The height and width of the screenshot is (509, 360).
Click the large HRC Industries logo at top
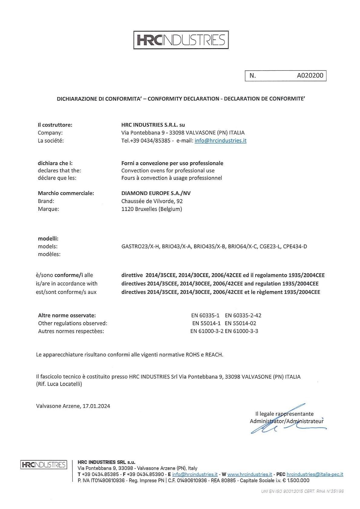(x=181, y=40)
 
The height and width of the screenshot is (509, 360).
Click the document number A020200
(x=310, y=76)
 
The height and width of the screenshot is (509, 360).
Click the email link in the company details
(x=221, y=141)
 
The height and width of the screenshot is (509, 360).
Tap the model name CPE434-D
(x=295, y=246)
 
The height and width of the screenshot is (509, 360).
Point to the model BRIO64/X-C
(x=242, y=246)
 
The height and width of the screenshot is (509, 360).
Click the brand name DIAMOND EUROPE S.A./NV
(x=156, y=193)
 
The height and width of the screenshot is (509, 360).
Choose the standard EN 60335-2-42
(x=243, y=315)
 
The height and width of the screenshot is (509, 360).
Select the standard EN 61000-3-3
(x=241, y=331)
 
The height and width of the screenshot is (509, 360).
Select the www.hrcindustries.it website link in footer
(x=250, y=474)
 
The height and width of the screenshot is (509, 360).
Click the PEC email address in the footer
(x=315, y=474)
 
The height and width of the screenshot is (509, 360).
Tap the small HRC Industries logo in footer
(x=43, y=465)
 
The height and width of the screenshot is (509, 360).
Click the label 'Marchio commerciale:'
(x=66, y=193)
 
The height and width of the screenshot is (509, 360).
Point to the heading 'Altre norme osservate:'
(x=67, y=315)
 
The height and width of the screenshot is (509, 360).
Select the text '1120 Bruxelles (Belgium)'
(x=152, y=209)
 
